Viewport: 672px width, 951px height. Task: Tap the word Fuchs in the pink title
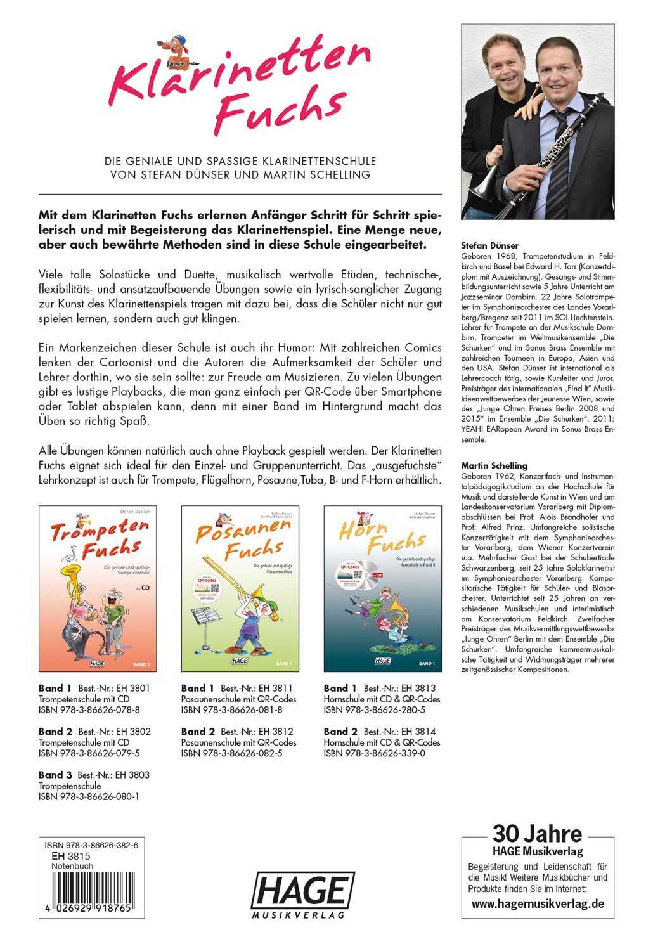coord(280,108)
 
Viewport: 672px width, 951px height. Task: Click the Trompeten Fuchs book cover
coord(98,588)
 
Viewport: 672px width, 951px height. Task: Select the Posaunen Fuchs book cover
coord(240,588)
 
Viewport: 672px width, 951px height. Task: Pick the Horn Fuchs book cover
coord(382,588)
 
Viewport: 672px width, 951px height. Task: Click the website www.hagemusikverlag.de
coord(538,904)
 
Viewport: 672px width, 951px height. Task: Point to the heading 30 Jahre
coord(537,834)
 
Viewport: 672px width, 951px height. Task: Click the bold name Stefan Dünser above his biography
coord(489,245)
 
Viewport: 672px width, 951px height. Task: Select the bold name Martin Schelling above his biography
coord(494,465)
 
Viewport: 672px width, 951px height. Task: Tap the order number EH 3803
coord(132,775)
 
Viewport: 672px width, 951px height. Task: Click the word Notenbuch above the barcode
coord(72,866)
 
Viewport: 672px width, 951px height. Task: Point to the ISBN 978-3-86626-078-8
coord(89,710)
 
